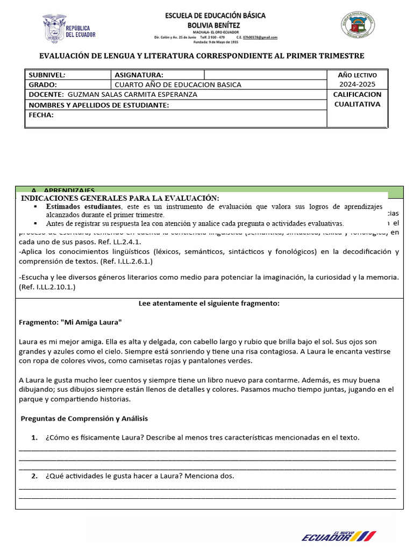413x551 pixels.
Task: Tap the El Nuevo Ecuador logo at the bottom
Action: [x=339, y=535]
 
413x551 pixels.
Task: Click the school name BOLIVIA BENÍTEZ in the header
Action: [x=215, y=25]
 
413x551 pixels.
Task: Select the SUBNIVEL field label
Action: [x=47, y=75]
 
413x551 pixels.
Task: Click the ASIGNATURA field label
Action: [x=139, y=75]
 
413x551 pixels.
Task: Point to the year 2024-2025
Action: [x=357, y=84]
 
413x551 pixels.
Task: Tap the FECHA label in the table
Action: [x=41, y=115]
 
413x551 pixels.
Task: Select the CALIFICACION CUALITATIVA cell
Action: [x=357, y=99]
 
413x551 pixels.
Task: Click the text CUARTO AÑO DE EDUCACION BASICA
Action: [x=178, y=84]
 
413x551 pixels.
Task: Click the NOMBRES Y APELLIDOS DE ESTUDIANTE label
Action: [x=99, y=105]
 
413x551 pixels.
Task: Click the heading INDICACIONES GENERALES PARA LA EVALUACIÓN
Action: [x=120, y=199]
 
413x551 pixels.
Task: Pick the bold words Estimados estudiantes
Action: [x=83, y=207]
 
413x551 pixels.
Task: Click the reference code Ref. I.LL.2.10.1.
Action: [x=47, y=287]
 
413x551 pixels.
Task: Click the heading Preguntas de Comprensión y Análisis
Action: [x=84, y=418]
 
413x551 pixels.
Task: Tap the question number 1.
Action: [x=34, y=437]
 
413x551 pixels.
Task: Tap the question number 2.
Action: [x=34, y=476]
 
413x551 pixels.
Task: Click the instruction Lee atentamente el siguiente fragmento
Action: [x=209, y=303]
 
